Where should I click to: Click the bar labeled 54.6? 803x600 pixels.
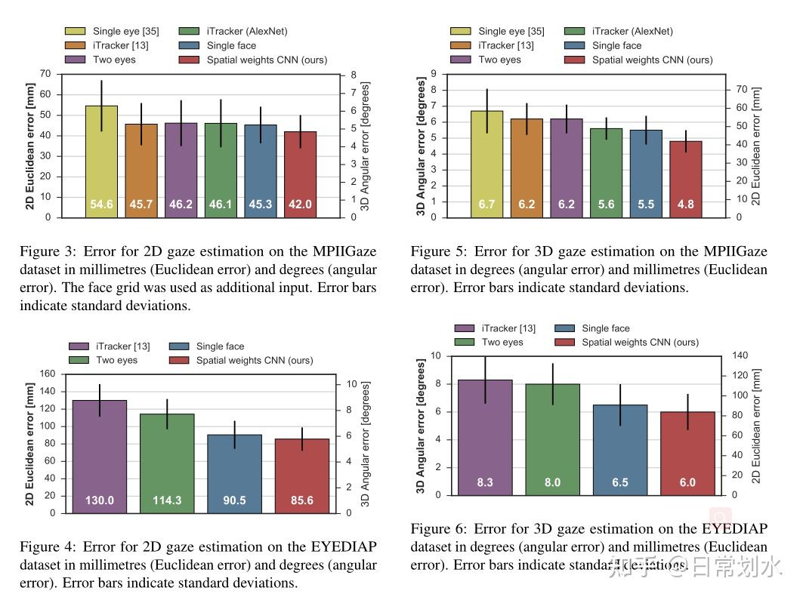tap(101, 162)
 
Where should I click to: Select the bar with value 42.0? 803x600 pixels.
tap(300, 174)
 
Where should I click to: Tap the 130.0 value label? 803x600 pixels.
tap(100, 500)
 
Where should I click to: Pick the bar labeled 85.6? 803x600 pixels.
tap(301, 475)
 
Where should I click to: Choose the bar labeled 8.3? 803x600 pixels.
tap(485, 438)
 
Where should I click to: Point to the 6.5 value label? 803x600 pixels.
tap(619, 482)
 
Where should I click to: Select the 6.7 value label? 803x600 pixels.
tap(486, 205)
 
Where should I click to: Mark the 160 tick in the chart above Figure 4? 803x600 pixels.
tap(47, 374)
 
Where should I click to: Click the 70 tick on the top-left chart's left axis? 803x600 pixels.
tap(45, 74)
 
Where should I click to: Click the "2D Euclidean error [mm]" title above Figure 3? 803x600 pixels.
tap(29, 146)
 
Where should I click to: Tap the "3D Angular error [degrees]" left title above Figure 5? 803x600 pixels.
tap(421, 146)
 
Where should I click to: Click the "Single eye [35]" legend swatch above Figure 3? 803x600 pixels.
tap(75, 31)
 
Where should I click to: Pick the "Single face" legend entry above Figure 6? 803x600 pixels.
tap(605, 328)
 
